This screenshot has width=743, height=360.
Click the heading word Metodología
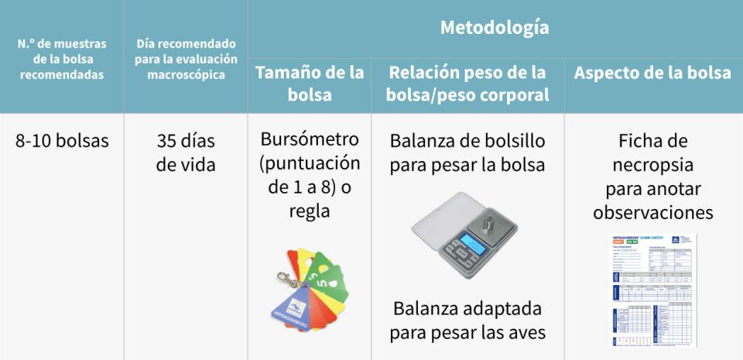[x=495, y=28]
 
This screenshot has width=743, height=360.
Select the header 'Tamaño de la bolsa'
[x=309, y=84]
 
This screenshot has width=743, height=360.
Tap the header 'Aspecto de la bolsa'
[x=652, y=73]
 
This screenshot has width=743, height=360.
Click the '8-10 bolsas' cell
[x=62, y=141]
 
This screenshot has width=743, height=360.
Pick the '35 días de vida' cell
[x=186, y=153]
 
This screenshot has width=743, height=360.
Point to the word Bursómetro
[x=310, y=139]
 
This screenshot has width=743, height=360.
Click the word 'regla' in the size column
[x=309, y=211]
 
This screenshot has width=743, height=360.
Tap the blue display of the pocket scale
[x=473, y=243]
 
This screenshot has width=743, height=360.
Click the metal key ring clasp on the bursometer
[x=287, y=279]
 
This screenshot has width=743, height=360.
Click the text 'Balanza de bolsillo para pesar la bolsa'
[x=467, y=153]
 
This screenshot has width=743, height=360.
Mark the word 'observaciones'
[x=653, y=212]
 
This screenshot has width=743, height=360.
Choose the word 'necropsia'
[x=653, y=165]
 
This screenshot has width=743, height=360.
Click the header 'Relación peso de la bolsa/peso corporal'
[x=467, y=84]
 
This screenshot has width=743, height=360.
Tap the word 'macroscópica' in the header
[x=186, y=75]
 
